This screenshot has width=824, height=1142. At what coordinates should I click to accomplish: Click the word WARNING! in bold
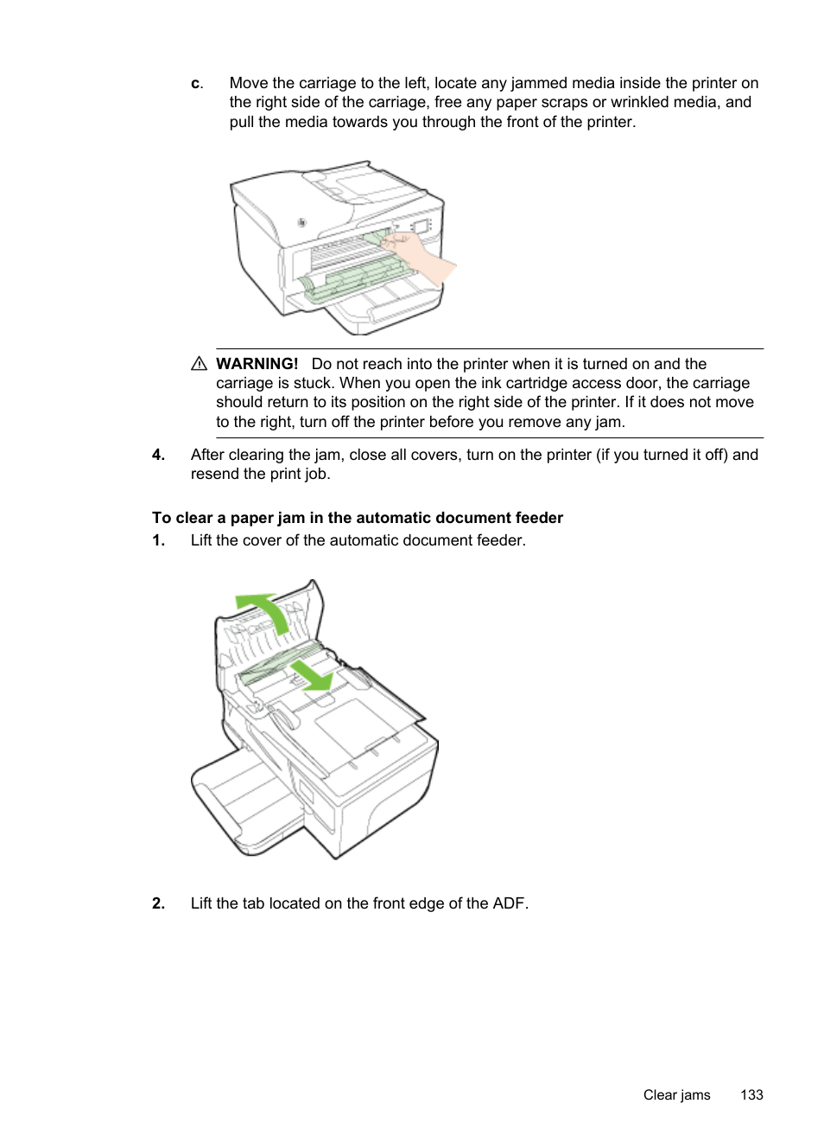point(257,364)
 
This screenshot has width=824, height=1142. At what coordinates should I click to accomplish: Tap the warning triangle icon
point(199,364)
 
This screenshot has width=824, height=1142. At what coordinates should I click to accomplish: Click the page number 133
point(751,1094)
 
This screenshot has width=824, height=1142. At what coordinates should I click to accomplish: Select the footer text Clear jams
point(676,1094)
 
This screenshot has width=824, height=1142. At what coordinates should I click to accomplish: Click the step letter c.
point(196,84)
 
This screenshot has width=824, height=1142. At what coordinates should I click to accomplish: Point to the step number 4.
point(158,455)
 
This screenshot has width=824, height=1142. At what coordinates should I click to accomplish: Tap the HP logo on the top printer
point(301,223)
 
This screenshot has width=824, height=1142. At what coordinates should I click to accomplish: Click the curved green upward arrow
point(264,609)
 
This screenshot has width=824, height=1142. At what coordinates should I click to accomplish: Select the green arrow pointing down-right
point(312,675)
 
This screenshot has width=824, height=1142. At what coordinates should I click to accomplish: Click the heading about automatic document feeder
point(357,518)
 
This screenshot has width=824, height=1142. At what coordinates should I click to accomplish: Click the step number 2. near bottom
point(158,903)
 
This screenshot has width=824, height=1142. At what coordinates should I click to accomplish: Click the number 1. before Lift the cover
point(158,540)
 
